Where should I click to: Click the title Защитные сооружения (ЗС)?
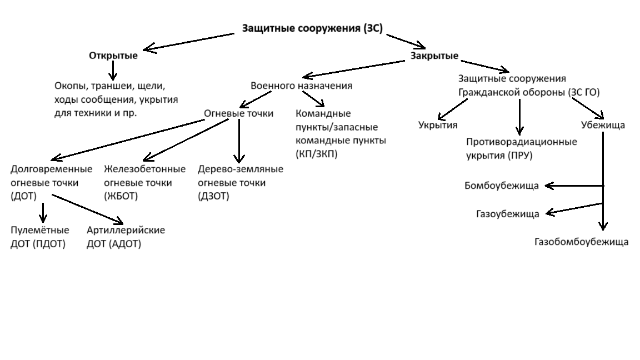click(x=312, y=29)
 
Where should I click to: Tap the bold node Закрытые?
click(x=434, y=56)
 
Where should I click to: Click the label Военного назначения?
click(x=301, y=86)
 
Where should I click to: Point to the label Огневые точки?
click(x=238, y=113)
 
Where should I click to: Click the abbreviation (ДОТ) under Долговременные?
click(x=23, y=196)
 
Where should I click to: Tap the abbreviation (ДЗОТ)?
click(x=213, y=196)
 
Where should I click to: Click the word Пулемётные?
click(x=40, y=230)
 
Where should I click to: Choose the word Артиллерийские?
click(x=126, y=230)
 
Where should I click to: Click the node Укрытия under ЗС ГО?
click(x=438, y=125)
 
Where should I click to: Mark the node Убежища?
click(x=603, y=125)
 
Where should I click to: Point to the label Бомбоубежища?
click(x=501, y=186)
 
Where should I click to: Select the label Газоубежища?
click(x=507, y=214)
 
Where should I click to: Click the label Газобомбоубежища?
click(x=582, y=242)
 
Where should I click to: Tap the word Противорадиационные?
click(x=521, y=142)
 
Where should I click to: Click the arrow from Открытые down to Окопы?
click(x=113, y=71)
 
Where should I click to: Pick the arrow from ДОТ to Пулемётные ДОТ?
click(x=43, y=213)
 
